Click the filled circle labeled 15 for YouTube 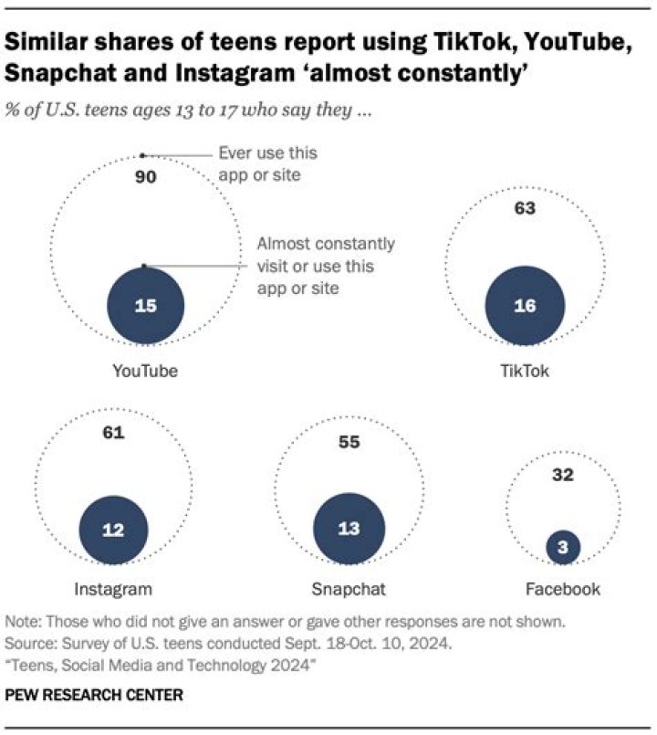tap(146, 307)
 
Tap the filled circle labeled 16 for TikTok tap(524, 307)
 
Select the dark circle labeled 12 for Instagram tap(113, 530)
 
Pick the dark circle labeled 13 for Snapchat tap(349, 530)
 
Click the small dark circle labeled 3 tap(563, 547)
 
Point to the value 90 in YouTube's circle tap(146, 177)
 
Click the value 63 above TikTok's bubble tap(524, 208)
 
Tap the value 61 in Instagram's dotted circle tap(113, 433)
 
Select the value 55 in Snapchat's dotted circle tap(349, 443)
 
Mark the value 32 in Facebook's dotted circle tap(563, 475)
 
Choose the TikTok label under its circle tap(524, 372)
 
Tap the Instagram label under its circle tap(113, 588)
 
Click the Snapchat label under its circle tap(349, 588)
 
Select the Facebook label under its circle tap(563, 588)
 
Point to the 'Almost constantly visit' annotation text tap(326, 266)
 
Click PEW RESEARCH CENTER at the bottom tap(94, 695)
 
